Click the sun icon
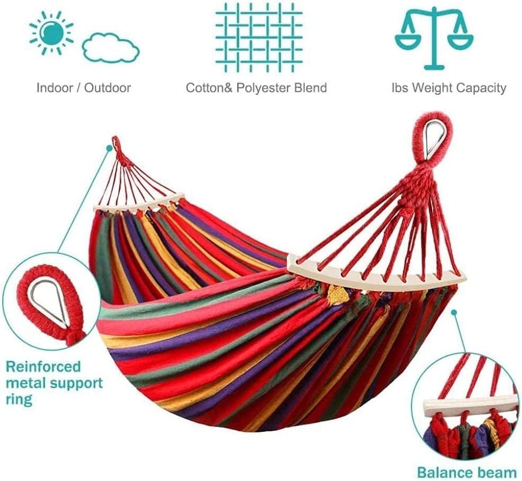pyautogui.click(x=51, y=32)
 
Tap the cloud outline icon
pyautogui.click(x=111, y=48)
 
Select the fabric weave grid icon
pyautogui.click(x=258, y=37)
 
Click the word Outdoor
pyautogui.click(x=107, y=88)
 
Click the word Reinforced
pyautogui.click(x=43, y=367)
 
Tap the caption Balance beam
pyautogui.click(x=466, y=472)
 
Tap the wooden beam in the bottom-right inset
pyautogui.click(x=470, y=405)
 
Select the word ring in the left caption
pyautogui.click(x=19, y=399)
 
